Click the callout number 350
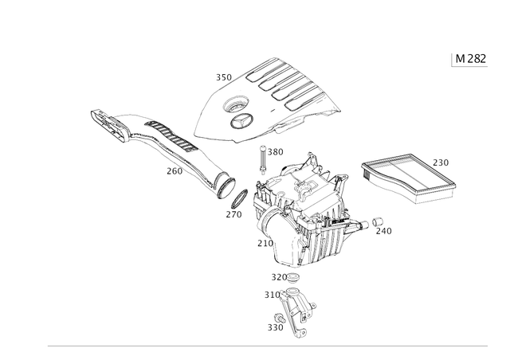point(224,77)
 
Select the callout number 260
point(175,171)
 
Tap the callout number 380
point(276,152)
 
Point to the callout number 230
point(441,162)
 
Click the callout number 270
point(234,214)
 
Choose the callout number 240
point(384,231)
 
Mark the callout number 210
point(265,243)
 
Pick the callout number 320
point(279,277)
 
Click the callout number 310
point(273,295)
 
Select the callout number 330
point(276,327)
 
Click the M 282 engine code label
point(470,59)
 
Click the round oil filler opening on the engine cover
point(236,104)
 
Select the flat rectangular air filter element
point(409,178)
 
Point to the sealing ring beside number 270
point(239,198)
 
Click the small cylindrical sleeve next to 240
point(378,221)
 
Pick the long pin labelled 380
point(262,159)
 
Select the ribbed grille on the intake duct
point(171,136)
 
